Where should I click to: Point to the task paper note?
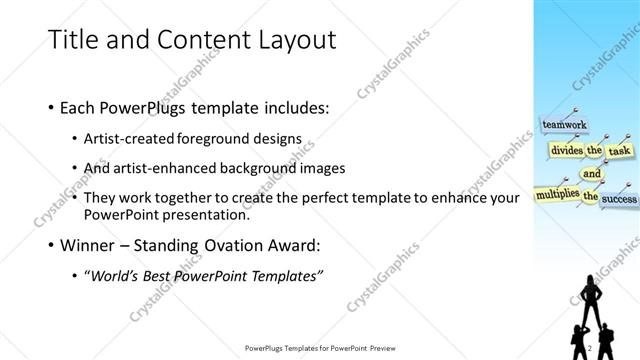[x=621, y=150]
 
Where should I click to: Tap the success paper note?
[x=619, y=199]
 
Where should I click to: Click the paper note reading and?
[x=592, y=172]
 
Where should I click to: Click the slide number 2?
[x=590, y=347]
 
